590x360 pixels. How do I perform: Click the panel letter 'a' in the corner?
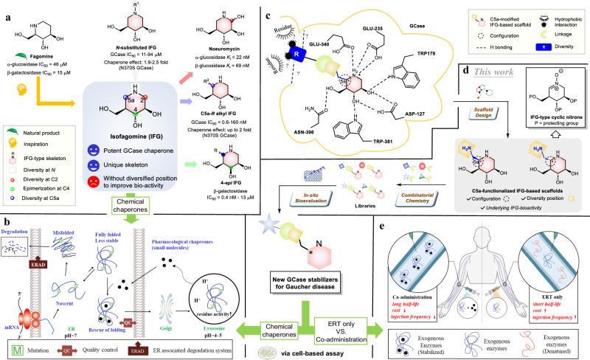(8, 9)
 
